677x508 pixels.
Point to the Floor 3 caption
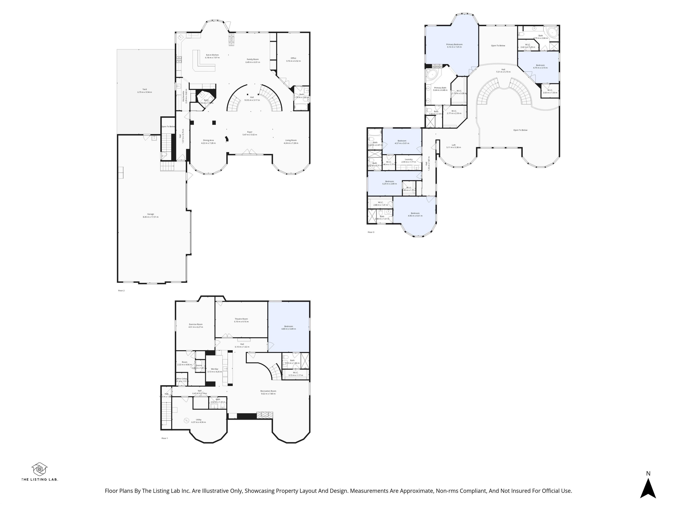click(371, 232)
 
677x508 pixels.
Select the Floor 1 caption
click(165, 438)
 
